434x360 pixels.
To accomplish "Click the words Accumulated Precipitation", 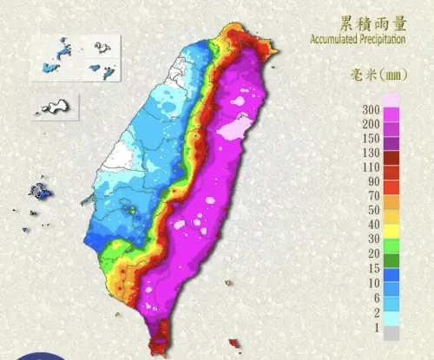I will click(370, 38).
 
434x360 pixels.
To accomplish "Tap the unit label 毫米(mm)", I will click(387, 74).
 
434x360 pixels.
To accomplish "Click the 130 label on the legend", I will click(372, 153).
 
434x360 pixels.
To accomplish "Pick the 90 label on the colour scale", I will click(373, 181).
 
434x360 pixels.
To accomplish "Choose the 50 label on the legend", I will click(373, 209).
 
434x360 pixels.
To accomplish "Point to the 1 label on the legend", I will click(375, 327).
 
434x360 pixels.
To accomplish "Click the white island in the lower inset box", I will click(56, 107).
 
